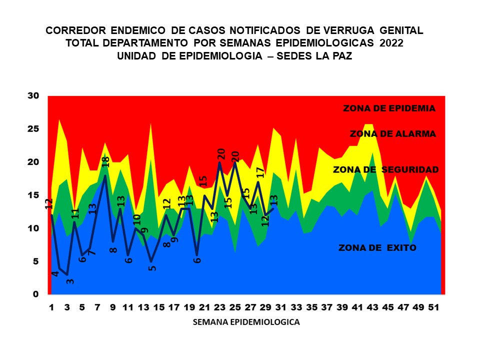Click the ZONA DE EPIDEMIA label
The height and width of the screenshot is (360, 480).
coord(389,108)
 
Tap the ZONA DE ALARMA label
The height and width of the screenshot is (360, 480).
coord(392,133)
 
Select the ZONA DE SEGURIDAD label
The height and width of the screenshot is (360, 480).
coord(385,169)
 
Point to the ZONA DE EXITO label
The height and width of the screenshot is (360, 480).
coord(377,247)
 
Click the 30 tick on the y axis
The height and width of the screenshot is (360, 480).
coord(33,95)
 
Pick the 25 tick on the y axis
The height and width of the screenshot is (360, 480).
coord(33,129)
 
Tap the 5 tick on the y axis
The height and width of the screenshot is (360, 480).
coord(36,261)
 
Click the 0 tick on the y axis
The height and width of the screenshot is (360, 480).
coord(36,294)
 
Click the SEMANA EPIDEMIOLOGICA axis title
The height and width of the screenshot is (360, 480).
coord(246,322)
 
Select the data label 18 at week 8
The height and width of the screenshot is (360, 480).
coord(105,162)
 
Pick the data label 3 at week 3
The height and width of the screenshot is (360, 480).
coord(70,281)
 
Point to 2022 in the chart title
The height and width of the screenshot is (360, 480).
coord(391,43)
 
